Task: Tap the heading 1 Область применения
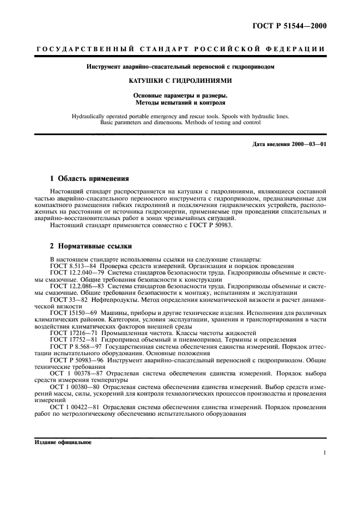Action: pos(89,178)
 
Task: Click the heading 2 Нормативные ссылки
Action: pos(90,246)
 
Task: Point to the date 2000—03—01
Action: pos(309,144)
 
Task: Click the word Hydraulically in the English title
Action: pos(90,117)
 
